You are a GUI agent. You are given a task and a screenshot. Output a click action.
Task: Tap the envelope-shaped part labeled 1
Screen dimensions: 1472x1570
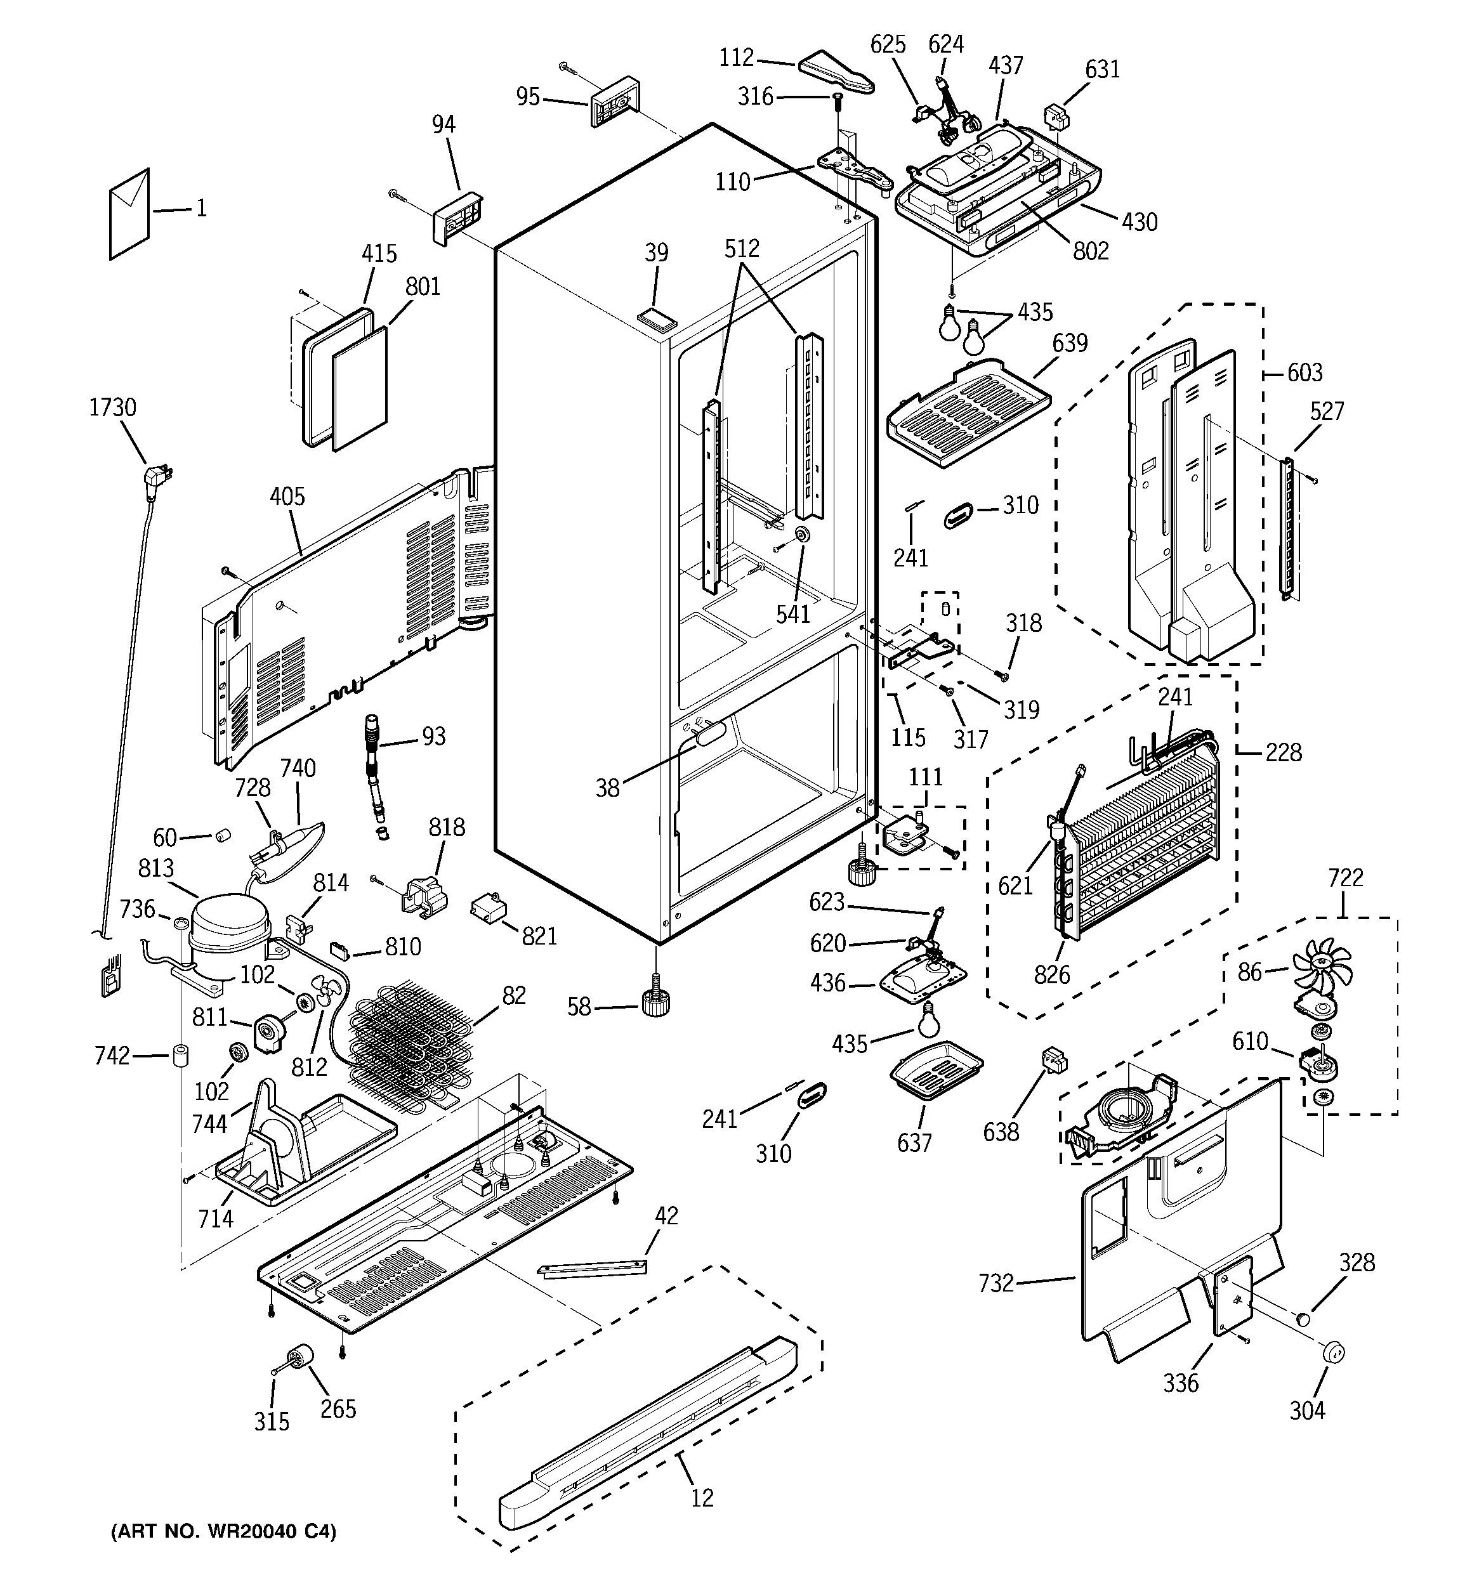[129, 213]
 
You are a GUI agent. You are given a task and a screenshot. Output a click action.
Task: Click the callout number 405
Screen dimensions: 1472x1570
[287, 497]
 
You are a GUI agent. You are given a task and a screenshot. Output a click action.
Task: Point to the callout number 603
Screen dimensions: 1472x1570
[1304, 373]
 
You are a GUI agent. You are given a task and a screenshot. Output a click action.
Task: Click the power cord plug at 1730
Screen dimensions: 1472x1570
[157, 477]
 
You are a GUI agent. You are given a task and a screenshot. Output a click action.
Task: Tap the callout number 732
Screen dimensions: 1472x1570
[996, 1283]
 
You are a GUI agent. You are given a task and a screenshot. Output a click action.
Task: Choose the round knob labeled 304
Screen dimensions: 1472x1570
[1333, 1352]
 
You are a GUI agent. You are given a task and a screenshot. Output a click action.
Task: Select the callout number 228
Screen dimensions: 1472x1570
[1283, 752]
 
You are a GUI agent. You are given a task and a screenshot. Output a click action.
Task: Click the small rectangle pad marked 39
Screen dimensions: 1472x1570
[659, 317]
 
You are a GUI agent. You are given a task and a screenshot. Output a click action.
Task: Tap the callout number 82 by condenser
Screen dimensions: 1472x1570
[513, 996]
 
